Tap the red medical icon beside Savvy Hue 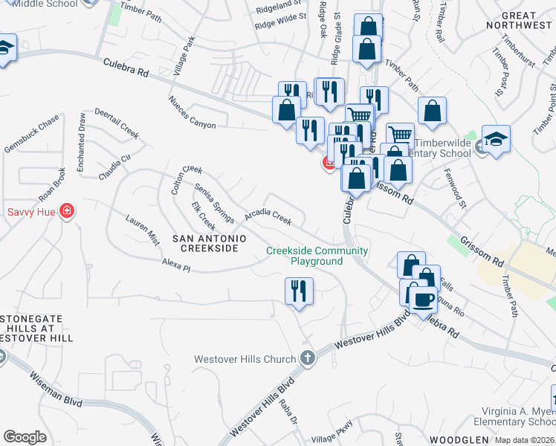(x=67, y=212)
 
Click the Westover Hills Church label (x=245, y=359)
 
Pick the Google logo (x=25, y=437)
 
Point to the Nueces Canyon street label (x=192, y=112)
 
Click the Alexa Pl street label (x=177, y=265)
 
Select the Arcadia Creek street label (x=268, y=216)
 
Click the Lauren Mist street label (x=143, y=230)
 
